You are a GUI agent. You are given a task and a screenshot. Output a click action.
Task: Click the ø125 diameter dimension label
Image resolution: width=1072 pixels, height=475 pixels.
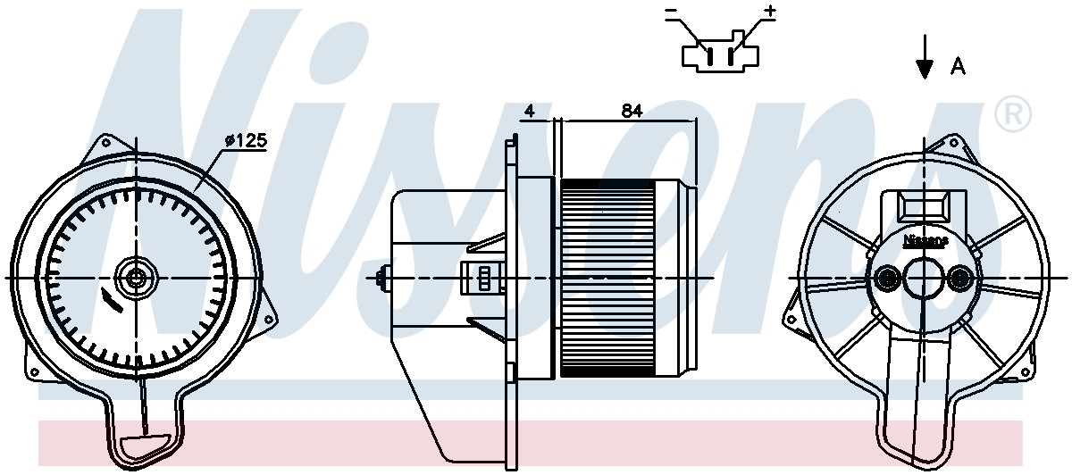pyautogui.click(x=246, y=140)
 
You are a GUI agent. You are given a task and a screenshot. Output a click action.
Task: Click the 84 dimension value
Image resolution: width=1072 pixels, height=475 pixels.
pyautogui.click(x=632, y=111)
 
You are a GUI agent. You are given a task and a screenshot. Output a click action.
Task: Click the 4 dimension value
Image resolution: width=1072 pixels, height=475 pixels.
pyautogui.click(x=529, y=111)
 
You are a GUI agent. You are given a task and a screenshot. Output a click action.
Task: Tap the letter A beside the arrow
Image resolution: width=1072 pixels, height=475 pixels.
pyautogui.click(x=957, y=66)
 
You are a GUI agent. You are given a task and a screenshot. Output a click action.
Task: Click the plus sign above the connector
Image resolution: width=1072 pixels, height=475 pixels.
pyautogui.click(x=770, y=12)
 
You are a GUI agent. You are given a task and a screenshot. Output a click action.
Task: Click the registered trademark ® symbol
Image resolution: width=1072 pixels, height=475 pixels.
pyautogui.click(x=1013, y=113)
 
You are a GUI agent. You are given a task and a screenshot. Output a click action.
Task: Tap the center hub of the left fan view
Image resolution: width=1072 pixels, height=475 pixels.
pyautogui.click(x=136, y=278)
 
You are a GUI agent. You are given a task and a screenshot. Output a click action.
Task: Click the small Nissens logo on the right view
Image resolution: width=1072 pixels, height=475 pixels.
pyautogui.click(x=925, y=241)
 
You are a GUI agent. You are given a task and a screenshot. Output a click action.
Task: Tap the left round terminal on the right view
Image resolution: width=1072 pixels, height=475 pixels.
pyautogui.click(x=887, y=279)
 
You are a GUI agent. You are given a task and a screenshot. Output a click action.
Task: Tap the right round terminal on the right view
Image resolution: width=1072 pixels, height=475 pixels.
pyautogui.click(x=959, y=279)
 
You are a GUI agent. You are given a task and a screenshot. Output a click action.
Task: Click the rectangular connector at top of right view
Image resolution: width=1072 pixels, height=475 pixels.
pyautogui.click(x=924, y=208)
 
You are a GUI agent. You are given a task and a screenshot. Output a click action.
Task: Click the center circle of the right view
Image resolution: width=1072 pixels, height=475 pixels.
pyautogui.click(x=924, y=279)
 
